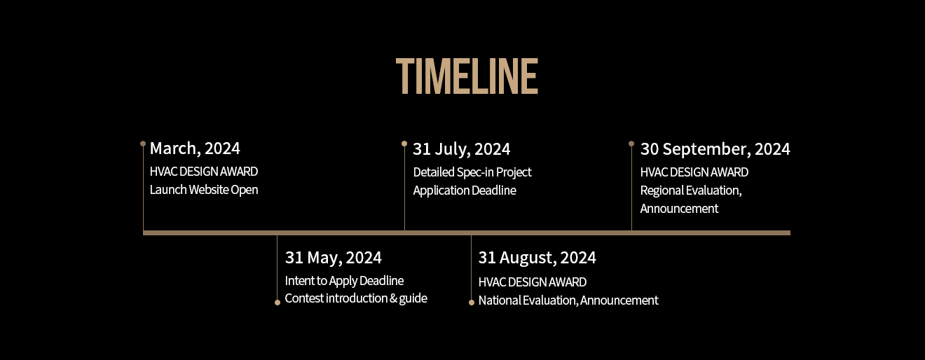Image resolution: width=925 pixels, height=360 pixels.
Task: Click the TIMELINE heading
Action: (x=467, y=76)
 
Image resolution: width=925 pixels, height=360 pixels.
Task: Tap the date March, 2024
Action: (x=195, y=148)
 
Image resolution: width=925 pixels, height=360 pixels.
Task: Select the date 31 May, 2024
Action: (x=334, y=258)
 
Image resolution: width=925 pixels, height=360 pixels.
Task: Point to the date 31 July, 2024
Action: (x=461, y=149)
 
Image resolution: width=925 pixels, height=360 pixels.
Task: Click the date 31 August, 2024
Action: (x=537, y=258)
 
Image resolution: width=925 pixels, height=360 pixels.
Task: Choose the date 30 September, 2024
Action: (x=715, y=149)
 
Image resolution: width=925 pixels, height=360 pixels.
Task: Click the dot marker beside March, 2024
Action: (x=143, y=144)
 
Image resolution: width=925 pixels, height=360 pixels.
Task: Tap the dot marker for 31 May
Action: (x=277, y=303)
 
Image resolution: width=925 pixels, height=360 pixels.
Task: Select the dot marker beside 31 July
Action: (x=404, y=144)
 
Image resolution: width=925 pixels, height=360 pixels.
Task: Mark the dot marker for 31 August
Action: (x=472, y=303)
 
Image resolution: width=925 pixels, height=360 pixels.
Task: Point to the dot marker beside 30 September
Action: (x=631, y=144)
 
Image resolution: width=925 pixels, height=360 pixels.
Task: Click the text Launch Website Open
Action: (x=204, y=190)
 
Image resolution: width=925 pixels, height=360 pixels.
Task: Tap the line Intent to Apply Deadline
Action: (x=344, y=281)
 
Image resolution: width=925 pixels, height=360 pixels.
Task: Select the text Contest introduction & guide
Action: (x=356, y=298)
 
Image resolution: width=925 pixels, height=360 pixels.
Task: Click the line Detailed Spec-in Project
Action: (x=472, y=172)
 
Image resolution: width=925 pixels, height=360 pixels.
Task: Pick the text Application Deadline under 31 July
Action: (x=465, y=191)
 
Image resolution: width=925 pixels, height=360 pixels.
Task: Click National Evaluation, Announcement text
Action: (x=568, y=300)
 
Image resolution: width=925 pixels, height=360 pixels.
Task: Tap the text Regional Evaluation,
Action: (x=691, y=191)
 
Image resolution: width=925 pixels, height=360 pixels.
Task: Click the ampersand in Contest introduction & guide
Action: (x=394, y=298)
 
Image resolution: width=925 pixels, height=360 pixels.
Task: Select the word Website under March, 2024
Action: (x=209, y=190)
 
